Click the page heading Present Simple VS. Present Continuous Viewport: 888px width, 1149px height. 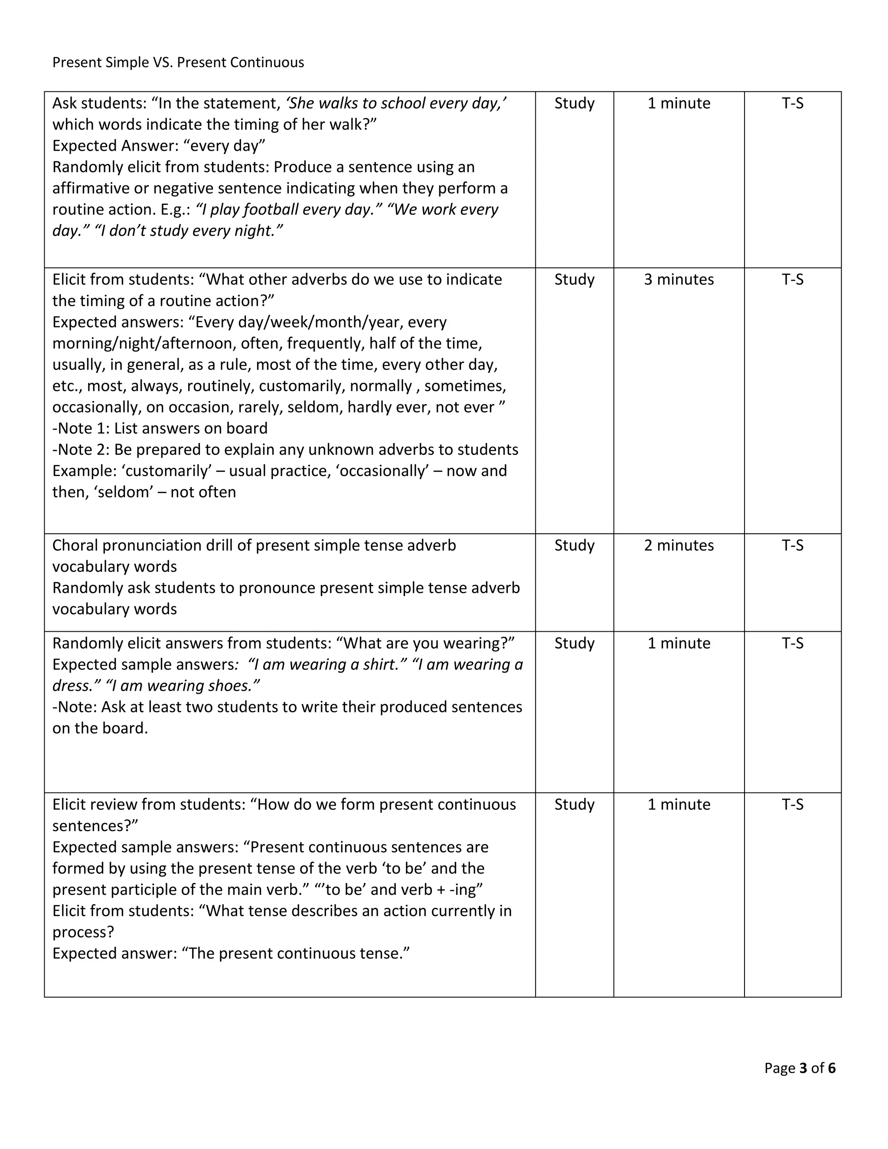178,62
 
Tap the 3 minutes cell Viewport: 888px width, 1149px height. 679,279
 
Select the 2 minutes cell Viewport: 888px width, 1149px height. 679,545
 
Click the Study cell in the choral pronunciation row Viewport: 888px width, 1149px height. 574,545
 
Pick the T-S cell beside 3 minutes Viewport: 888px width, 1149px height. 792,279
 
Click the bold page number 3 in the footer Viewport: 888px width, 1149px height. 803,1068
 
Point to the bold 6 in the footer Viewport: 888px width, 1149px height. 832,1068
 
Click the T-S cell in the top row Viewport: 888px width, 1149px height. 792,103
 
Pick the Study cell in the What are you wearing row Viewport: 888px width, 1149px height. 574,643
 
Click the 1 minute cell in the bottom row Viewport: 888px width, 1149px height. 679,804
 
